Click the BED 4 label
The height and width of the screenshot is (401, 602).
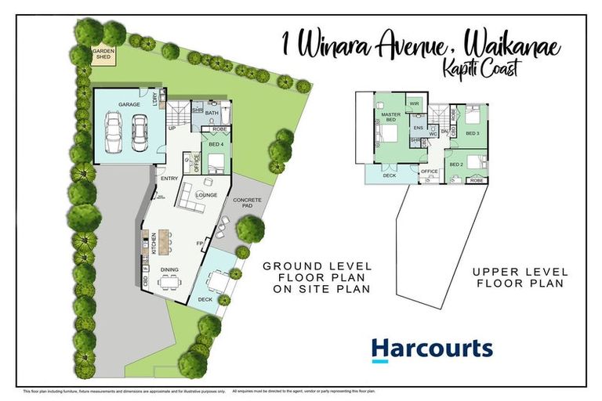click(x=216, y=145)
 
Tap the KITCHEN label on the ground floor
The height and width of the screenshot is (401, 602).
click(x=153, y=243)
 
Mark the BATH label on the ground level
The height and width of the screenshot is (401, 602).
click(x=211, y=113)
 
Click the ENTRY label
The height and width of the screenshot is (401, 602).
click(x=169, y=179)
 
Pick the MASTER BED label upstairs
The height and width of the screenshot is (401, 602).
click(x=390, y=117)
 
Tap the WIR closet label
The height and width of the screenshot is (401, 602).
click(x=415, y=103)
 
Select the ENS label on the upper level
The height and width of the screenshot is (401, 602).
click(x=418, y=127)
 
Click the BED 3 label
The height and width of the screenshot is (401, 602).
click(x=472, y=133)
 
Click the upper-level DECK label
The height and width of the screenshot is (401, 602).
click(x=390, y=175)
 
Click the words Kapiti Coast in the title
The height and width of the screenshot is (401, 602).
click(x=490, y=69)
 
